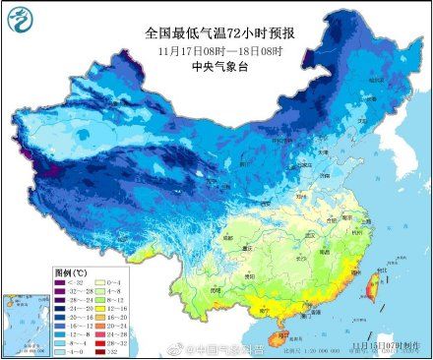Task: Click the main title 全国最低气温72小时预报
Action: [216, 30]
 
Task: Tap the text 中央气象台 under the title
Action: [216, 68]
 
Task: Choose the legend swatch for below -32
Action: [61, 280]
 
